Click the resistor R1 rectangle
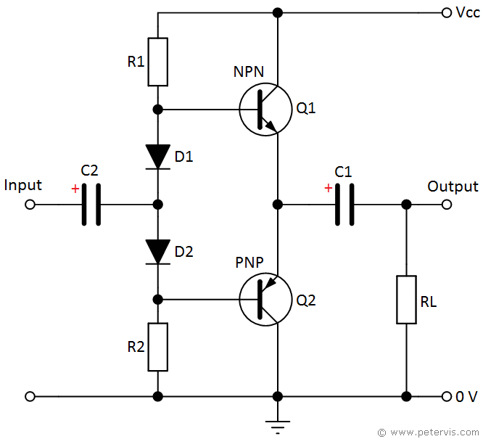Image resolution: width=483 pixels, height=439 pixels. (x=157, y=62)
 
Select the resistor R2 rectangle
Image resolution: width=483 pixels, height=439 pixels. (x=157, y=347)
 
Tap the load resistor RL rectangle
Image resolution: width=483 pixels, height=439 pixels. (x=406, y=300)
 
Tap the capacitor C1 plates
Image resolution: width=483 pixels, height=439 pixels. (x=344, y=205)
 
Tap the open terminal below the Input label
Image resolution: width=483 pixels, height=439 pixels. (x=30, y=205)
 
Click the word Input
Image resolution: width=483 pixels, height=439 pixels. (x=22, y=186)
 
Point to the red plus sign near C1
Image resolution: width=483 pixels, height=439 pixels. (x=328, y=189)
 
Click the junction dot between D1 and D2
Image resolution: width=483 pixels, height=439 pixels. (x=157, y=205)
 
